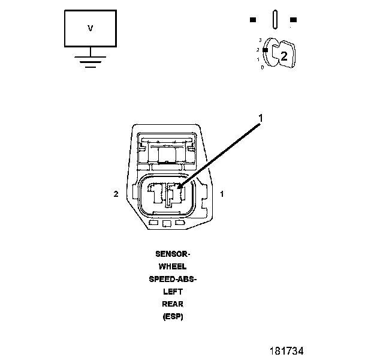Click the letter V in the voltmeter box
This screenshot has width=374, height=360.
click(x=91, y=28)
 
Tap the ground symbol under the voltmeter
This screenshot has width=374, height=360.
click(x=91, y=61)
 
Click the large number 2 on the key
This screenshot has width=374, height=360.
click(x=284, y=56)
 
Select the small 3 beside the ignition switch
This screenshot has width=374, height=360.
click(x=260, y=40)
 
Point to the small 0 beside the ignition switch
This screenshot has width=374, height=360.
click(x=263, y=67)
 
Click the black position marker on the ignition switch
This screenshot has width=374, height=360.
click(x=265, y=50)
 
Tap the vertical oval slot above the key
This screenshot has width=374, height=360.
click(x=273, y=19)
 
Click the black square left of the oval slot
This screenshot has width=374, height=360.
click(x=253, y=19)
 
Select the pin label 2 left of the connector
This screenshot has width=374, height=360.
click(x=116, y=194)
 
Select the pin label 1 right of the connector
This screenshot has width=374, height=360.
click(x=222, y=194)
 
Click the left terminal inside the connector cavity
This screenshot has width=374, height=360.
click(x=157, y=193)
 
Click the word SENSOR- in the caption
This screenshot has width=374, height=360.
click(x=172, y=254)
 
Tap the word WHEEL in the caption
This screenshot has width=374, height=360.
click(x=172, y=266)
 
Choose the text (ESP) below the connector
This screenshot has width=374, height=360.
click(x=172, y=316)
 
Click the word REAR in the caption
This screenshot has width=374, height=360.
click(x=172, y=304)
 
